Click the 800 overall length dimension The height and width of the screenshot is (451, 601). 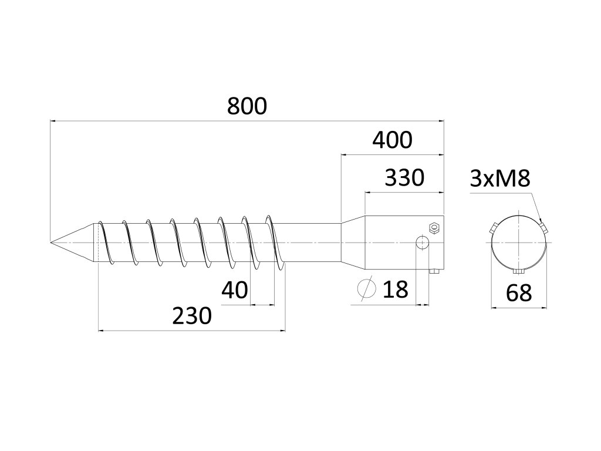[x=247, y=106]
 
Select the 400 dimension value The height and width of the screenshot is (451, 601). [x=392, y=140]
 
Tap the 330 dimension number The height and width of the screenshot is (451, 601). [x=404, y=177]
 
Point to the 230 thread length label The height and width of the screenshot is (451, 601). [x=192, y=315]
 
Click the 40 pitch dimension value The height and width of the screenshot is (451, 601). [x=235, y=290]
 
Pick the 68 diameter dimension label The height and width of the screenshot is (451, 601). [x=519, y=293]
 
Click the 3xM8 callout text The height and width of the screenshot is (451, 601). [x=500, y=178]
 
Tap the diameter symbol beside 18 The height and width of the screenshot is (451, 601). [x=366, y=288]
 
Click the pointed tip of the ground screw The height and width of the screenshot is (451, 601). [x=50, y=243]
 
